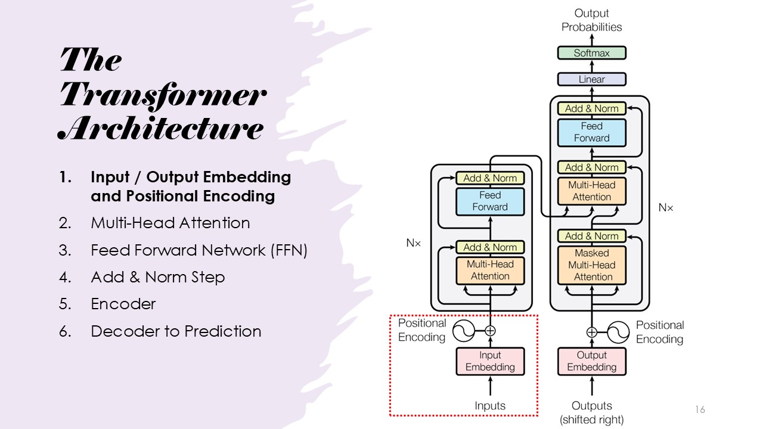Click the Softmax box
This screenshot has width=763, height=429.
tap(591, 53)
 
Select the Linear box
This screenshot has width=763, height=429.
tap(591, 79)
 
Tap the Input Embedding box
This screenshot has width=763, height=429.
tap(490, 361)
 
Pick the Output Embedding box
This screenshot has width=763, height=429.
tap(591, 361)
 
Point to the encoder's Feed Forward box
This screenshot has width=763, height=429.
tap(490, 201)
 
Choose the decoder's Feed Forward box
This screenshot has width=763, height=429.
tap(591, 132)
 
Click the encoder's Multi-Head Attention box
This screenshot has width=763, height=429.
tap(490, 270)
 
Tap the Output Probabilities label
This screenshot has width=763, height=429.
tap(591, 20)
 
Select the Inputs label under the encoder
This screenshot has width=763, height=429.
tap(490, 406)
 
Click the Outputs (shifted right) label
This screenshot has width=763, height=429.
tap(591, 412)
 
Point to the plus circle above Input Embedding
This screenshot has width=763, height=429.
tap(490, 330)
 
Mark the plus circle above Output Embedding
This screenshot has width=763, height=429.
tap(591, 332)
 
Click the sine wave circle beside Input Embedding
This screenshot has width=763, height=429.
tap(464, 330)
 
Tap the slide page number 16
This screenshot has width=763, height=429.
tap(700, 409)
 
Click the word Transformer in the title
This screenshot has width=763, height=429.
tap(162, 95)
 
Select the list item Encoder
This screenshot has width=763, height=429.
tap(123, 304)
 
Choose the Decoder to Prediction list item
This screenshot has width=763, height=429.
tap(176, 331)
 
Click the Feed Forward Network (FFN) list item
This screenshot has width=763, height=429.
tap(198, 250)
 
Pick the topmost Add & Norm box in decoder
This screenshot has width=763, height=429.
tap(591, 108)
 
